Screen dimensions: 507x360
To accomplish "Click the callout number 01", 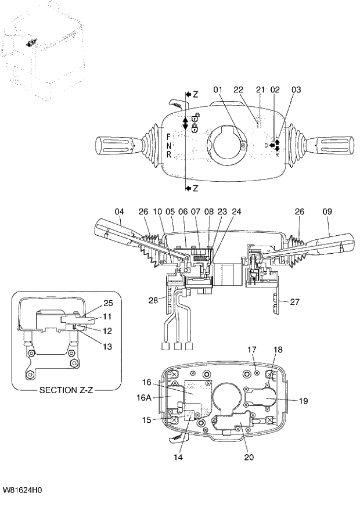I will point(218,90).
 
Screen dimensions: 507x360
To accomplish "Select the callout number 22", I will point(237,90).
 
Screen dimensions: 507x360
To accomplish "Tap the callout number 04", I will point(118,212).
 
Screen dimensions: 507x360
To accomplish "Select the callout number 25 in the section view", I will point(108,303).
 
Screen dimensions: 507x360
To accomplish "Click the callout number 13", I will point(108,347).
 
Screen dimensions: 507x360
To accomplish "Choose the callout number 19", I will point(304,400).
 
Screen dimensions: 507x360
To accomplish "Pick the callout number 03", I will point(296,90).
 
